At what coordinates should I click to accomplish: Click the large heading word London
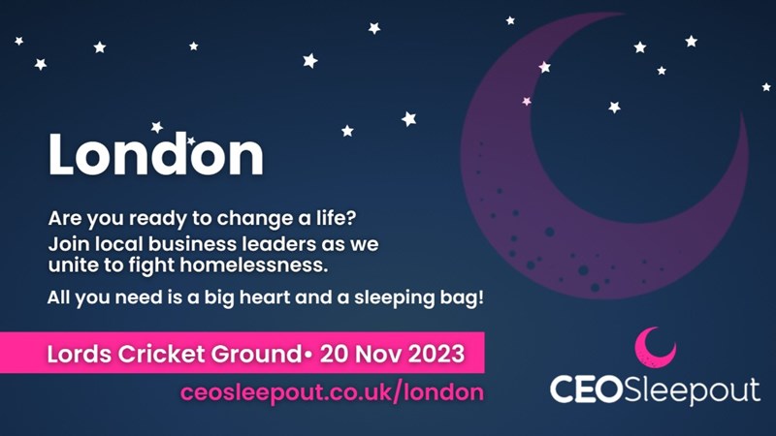(x=156, y=154)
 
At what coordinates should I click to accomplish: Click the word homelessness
(x=254, y=265)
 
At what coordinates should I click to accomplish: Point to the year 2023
(x=436, y=354)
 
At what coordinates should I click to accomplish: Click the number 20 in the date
(x=334, y=354)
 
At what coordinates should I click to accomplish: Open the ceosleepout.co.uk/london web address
(x=332, y=392)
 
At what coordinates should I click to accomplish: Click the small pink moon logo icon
(x=656, y=347)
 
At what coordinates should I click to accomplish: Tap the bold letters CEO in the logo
(x=587, y=389)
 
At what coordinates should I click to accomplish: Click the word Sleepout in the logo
(x=692, y=390)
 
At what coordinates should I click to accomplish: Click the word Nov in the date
(x=378, y=354)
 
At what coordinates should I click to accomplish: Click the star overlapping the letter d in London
(x=190, y=140)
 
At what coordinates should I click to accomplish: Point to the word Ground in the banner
(x=256, y=354)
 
